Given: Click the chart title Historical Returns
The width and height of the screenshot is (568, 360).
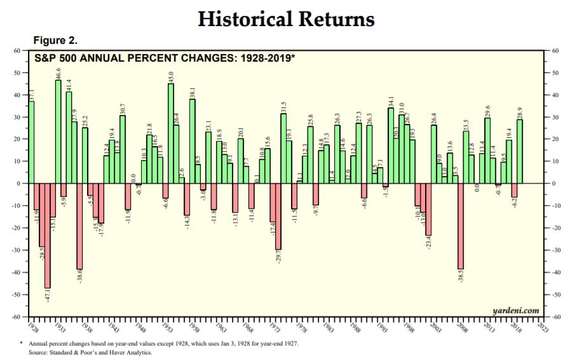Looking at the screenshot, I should pos(286,19).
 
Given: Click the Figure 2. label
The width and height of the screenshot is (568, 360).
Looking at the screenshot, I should pos(55,41).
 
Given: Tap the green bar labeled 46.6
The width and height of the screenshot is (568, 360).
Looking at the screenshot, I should pos(58,131).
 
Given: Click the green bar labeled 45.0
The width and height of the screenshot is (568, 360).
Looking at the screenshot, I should pos(170,133).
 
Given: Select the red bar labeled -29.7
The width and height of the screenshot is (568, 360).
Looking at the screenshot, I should pos(278,216).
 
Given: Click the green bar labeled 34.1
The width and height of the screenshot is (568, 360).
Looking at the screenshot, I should pos(390,145).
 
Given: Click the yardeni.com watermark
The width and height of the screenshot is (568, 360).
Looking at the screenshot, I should pos(515,310).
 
